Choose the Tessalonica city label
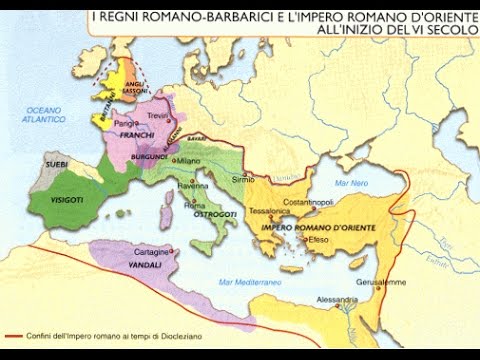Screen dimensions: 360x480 (272, 211)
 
